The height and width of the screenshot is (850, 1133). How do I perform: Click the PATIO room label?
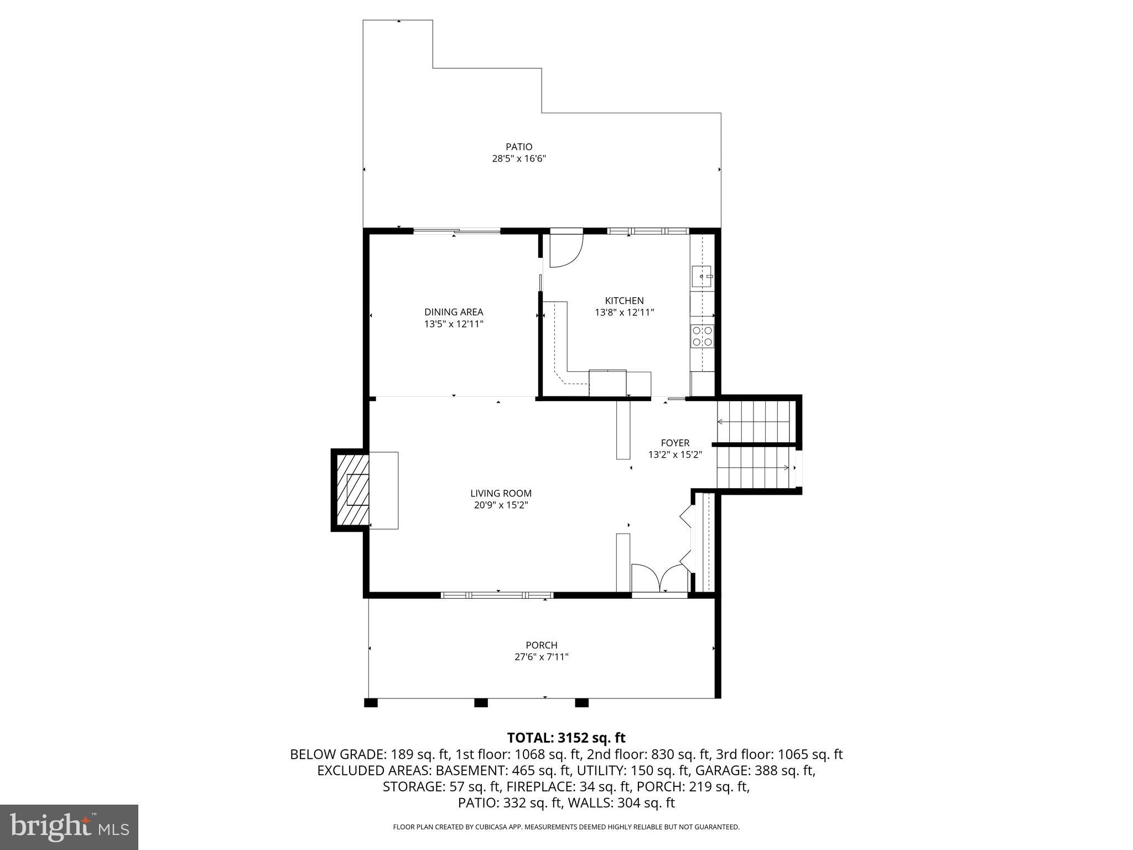tap(519, 147)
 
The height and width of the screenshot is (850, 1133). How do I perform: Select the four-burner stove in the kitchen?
tap(702, 336)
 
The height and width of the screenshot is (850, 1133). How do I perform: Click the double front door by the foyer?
tap(659, 581)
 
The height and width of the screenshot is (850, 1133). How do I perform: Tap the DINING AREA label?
tap(454, 312)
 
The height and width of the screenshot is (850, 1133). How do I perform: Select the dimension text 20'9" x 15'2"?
tap(501, 505)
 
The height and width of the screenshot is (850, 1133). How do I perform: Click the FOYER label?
tap(675, 443)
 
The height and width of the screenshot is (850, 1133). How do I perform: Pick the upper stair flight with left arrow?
tap(753, 422)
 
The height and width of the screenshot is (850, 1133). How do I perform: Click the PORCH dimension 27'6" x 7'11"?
tap(541, 657)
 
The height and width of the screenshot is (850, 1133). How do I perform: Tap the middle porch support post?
tap(481, 703)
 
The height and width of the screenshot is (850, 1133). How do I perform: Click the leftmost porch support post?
tap(371, 703)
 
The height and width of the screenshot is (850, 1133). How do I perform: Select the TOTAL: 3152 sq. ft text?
tap(566, 738)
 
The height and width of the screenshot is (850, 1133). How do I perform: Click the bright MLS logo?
tap(69, 827)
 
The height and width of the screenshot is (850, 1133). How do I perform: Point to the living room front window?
tap(497, 595)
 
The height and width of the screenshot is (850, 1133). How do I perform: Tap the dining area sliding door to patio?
tap(457, 231)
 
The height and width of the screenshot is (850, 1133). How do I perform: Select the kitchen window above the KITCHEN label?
tap(648, 231)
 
